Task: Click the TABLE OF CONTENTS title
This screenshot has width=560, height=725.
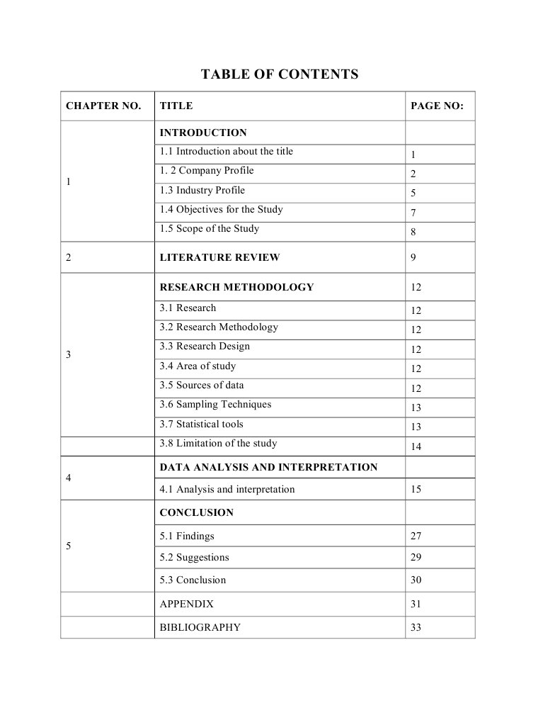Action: point(280,74)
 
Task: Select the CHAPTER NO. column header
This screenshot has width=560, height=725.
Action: point(103,106)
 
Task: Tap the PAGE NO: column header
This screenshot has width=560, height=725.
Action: point(437,106)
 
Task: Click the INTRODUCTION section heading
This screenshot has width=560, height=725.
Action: point(203,133)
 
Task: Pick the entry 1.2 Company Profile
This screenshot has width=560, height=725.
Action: point(206,171)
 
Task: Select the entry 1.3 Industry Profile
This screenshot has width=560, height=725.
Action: point(202,190)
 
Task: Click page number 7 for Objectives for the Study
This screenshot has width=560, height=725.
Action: point(413,213)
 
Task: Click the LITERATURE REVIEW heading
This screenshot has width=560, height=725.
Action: point(219,257)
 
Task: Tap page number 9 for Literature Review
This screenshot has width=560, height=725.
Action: point(413,257)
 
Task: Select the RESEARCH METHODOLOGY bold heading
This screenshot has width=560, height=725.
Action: point(236,287)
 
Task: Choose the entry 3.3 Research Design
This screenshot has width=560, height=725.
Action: point(205,346)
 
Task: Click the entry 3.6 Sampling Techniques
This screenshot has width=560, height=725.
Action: point(215,404)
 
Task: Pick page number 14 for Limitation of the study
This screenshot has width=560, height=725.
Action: point(416,446)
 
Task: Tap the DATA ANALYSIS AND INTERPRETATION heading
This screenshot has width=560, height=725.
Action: point(268,467)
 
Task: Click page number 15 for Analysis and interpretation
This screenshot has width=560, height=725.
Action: point(416,489)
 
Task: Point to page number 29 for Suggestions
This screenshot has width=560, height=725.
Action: point(416,557)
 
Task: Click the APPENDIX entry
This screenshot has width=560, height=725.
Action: point(186,604)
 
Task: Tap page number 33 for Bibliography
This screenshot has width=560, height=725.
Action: point(416,627)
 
